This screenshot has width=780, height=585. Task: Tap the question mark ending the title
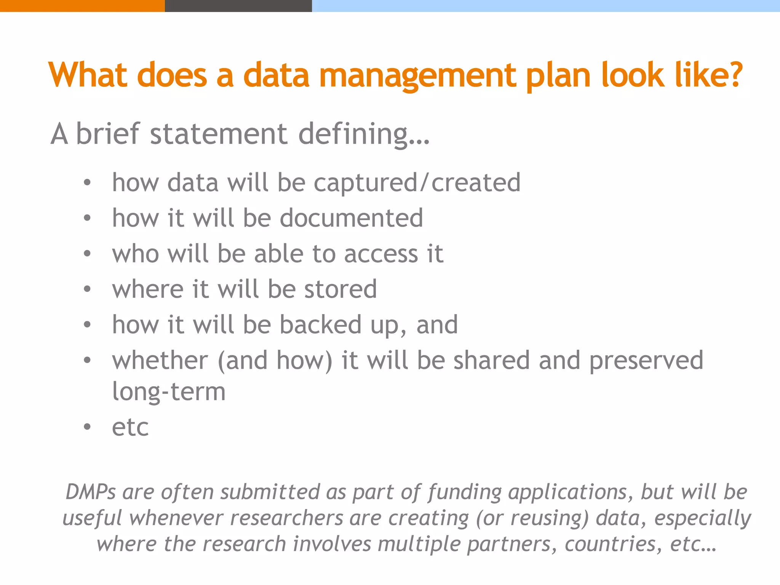[734, 74]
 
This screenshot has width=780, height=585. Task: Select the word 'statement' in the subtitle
[219, 134]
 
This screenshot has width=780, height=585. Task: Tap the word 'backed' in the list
[320, 325]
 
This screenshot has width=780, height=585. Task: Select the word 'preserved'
[646, 361]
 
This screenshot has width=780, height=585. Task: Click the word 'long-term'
[169, 392]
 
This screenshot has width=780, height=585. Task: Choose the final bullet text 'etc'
[130, 427]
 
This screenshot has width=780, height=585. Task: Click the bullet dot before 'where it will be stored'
[87, 289]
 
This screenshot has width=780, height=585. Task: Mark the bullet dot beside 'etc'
[87, 427]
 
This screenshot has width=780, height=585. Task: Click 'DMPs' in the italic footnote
[91, 492]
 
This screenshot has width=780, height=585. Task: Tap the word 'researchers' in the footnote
[287, 518]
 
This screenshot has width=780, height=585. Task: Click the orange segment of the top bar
[82, 6]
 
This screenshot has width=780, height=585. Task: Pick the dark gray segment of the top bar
[238, 6]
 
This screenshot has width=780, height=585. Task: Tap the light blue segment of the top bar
[546, 6]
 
